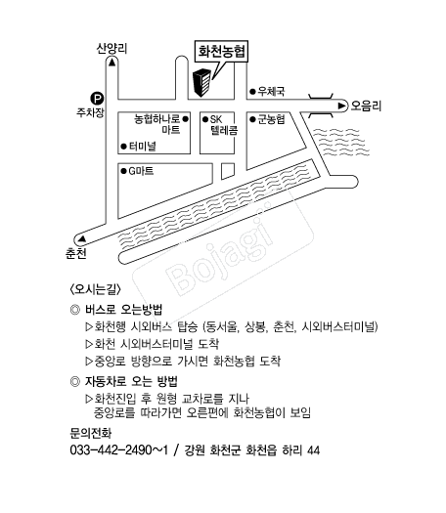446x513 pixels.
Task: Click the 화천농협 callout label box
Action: click(221, 52)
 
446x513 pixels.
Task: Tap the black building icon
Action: click(201, 82)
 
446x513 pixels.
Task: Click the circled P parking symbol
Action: click(97, 98)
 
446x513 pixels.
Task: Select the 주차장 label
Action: click(90, 112)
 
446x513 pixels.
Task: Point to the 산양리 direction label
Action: click(111, 49)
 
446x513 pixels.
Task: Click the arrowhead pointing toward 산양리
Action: click(112, 62)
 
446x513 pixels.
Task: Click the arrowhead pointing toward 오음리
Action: click(341, 106)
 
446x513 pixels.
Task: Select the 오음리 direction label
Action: click(366, 106)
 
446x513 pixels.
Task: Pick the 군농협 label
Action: click(272, 119)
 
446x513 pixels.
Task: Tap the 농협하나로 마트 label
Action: click(157, 124)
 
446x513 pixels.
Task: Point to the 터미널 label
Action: click(143, 146)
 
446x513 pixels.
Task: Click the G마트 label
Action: click(141, 171)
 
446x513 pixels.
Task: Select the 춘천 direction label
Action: click(75, 253)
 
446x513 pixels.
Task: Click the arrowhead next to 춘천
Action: click(82, 238)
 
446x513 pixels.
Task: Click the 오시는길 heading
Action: click(96, 289)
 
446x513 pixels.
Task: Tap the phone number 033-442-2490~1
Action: click(118, 450)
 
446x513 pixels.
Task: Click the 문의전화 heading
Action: click(91, 433)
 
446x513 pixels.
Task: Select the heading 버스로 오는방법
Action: click(124, 310)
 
